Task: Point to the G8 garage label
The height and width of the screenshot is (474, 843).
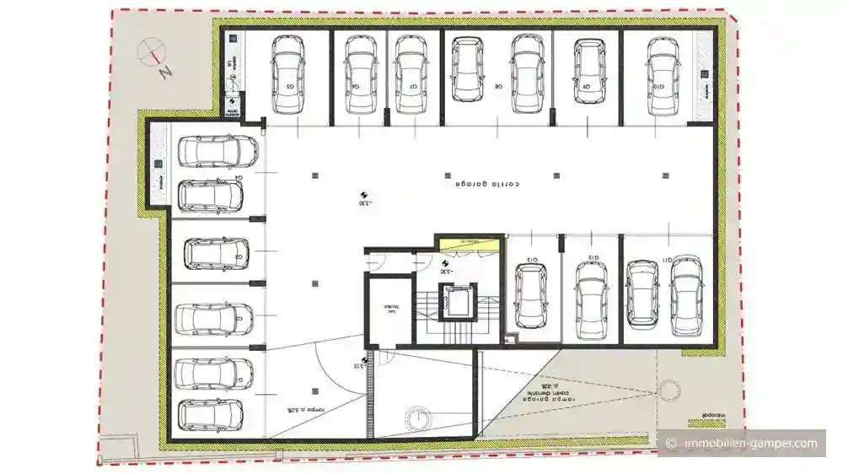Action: [x=499, y=86]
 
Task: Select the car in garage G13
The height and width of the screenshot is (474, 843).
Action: [x=530, y=296]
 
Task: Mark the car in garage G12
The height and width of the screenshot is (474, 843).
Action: [x=591, y=296]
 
